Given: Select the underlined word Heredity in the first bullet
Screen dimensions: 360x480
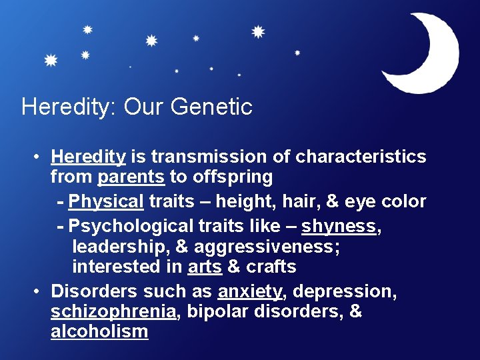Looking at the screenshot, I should (x=88, y=157).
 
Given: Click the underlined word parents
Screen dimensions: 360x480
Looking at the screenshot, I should (x=131, y=177).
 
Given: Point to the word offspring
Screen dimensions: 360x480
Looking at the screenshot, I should (x=233, y=177).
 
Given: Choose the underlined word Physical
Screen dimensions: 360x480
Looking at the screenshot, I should (x=106, y=201).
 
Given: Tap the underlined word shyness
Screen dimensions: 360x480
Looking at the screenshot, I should (x=339, y=226).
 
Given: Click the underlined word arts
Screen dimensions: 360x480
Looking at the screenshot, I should (x=205, y=267).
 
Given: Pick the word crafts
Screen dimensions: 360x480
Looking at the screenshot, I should (x=271, y=267).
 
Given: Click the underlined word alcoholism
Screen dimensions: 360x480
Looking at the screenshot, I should (x=99, y=331).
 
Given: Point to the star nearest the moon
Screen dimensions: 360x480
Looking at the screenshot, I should (x=297, y=53).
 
